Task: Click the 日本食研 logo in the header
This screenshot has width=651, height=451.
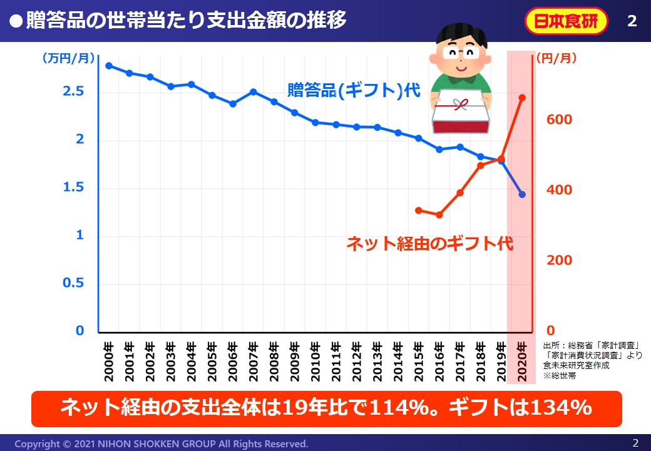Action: [565, 21]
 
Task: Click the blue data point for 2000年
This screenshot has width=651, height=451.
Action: [109, 66]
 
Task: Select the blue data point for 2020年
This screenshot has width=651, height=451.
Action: [522, 194]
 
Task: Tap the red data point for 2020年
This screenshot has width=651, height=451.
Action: [522, 98]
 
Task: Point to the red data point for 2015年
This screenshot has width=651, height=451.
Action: [418, 210]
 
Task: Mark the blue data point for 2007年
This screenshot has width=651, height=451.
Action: [254, 92]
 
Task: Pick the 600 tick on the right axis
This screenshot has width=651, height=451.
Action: [559, 119]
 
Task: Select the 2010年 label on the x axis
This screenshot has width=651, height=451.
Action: [315, 363]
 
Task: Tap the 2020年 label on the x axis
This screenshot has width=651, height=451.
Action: [522, 363]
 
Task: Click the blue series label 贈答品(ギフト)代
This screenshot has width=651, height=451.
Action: [354, 90]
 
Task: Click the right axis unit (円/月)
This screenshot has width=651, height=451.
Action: [556, 58]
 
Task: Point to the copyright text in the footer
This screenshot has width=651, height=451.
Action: [161, 443]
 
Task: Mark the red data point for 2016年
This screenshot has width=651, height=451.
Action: [439, 215]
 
